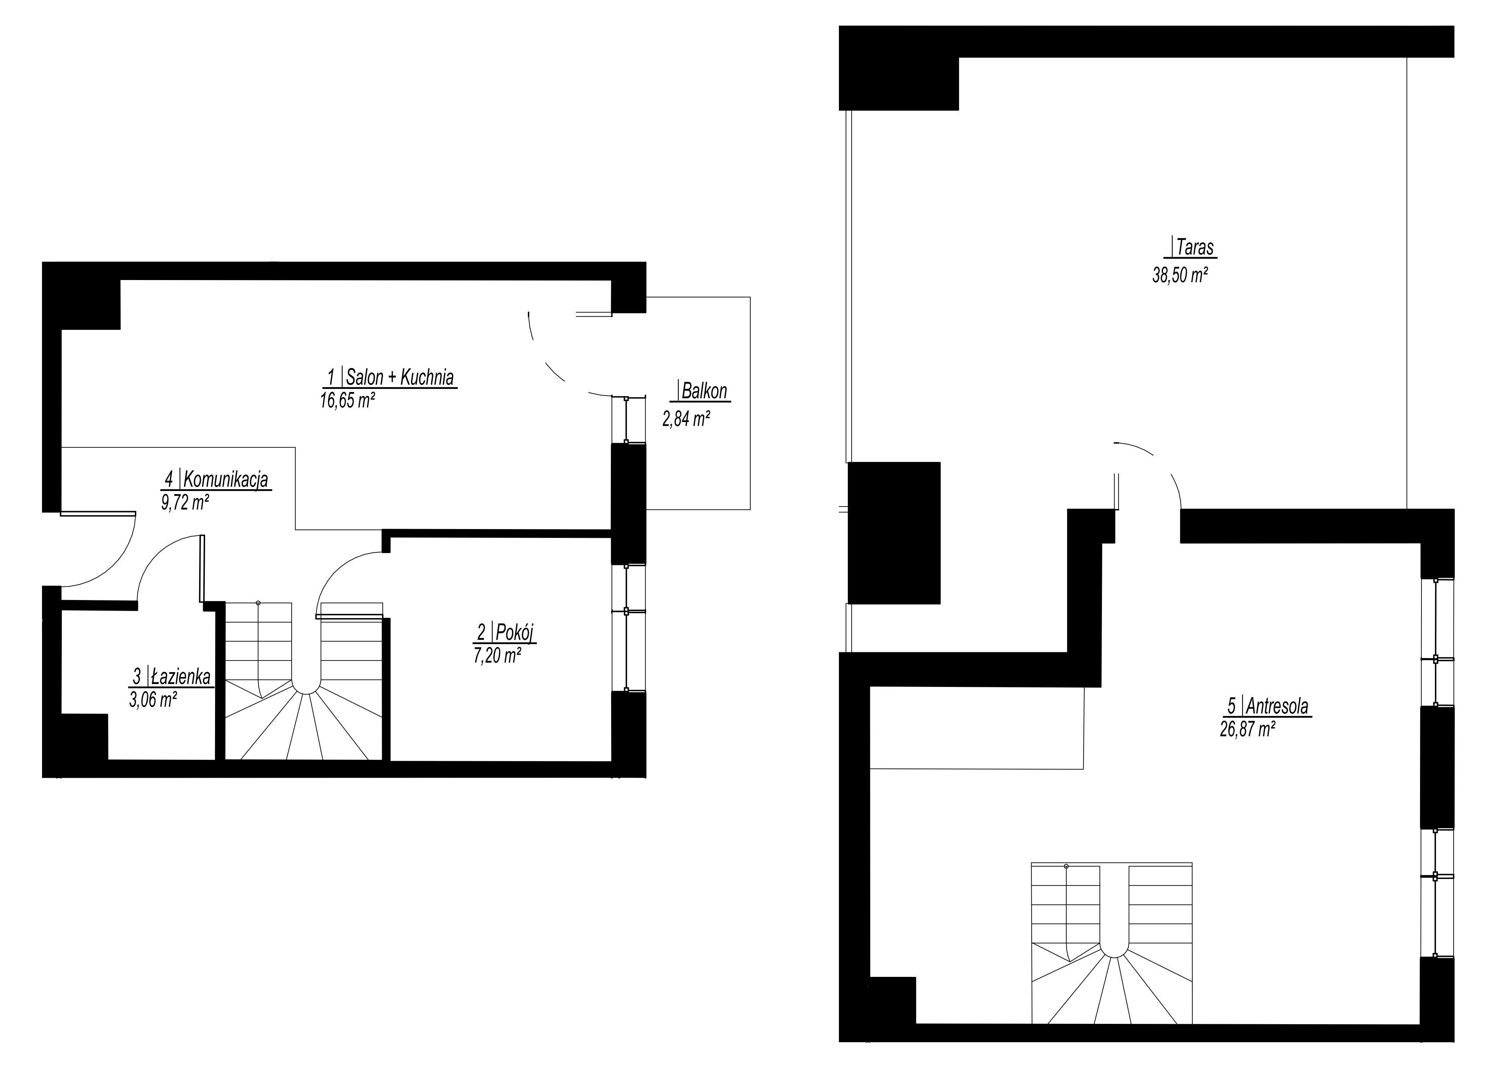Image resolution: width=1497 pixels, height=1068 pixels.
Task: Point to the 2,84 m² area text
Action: tap(686, 419)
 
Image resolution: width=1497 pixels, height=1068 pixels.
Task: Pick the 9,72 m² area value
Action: tap(185, 503)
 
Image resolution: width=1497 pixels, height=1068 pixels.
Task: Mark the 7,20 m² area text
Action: tap(497, 655)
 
